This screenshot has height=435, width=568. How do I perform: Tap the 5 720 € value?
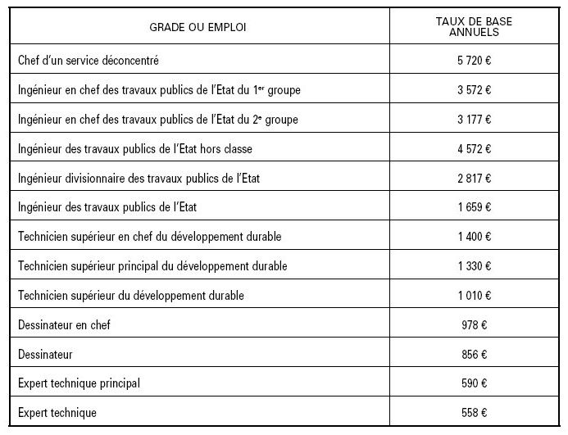tap(475, 60)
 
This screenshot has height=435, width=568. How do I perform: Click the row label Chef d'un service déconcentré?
tap(99, 60)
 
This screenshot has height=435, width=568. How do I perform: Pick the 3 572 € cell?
tap(475, 89)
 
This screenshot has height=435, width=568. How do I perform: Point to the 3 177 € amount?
tap(475, 119)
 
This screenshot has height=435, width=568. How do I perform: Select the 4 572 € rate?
tap(475, 148)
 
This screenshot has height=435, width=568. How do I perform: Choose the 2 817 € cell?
tap(475, 178)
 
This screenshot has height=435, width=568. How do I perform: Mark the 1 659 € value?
tap(475, 207)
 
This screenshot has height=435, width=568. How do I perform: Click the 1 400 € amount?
tap(475, 237)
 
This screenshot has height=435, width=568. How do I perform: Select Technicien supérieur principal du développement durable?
tap(152, 266)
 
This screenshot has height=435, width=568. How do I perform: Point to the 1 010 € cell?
tap(475, 296)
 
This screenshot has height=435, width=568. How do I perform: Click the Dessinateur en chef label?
tap(63, 325)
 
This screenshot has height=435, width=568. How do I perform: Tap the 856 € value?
tap(475, 355)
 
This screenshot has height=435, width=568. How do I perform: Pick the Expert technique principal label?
tap(78, 383)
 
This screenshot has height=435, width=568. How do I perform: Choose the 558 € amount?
tap(475, 413)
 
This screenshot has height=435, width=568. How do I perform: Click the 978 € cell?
tap(475, 325)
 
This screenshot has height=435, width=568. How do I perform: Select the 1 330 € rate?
tap(475, 266)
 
